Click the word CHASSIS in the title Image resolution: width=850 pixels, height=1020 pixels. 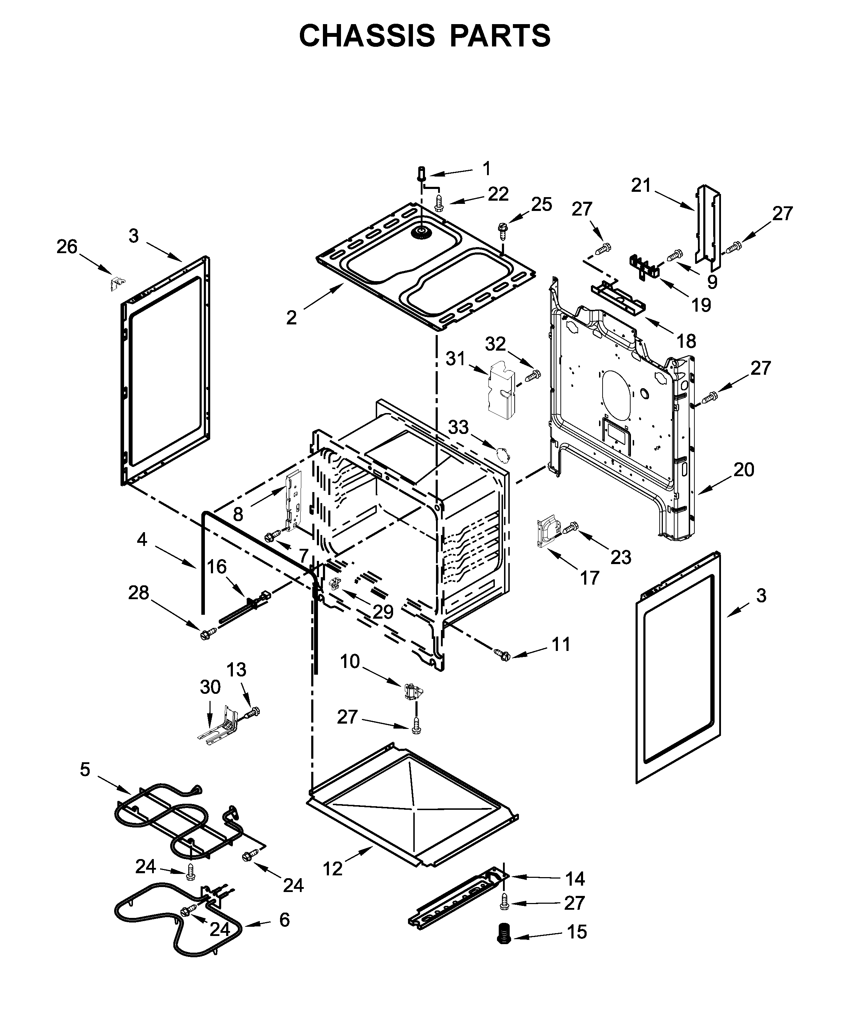coord(367,35)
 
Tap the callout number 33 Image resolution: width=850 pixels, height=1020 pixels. coord(458,427)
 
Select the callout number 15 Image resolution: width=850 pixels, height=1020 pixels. coord(577,932)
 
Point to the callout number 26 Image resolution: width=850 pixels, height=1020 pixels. coord(67,247)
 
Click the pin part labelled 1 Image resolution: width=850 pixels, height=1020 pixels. coord(421,173)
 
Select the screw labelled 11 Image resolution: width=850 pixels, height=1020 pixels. coord(502,654)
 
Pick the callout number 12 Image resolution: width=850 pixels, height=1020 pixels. coord(333,869)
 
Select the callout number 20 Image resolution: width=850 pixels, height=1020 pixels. coord(744,470)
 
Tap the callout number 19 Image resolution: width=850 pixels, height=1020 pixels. coord(701,305)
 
